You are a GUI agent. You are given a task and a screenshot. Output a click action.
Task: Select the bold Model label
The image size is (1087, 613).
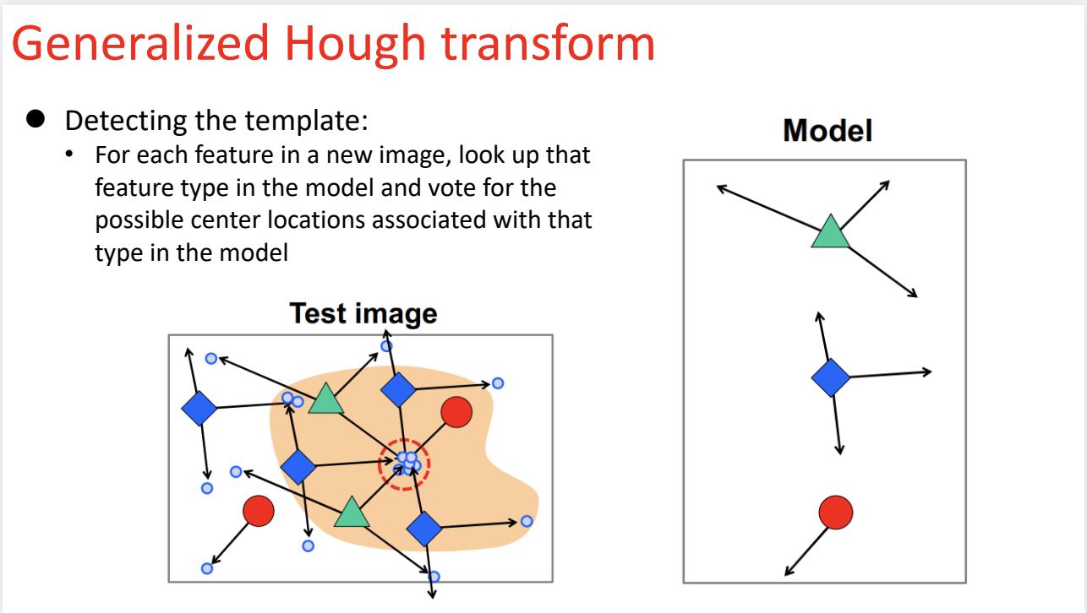828,131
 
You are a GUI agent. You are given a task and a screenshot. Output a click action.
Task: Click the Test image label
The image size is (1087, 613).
363,313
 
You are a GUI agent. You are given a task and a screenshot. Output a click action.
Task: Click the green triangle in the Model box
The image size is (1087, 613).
829,232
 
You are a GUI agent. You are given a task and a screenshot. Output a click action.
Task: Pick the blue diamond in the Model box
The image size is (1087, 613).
831,377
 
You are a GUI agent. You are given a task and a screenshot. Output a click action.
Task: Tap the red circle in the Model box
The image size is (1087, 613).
835,512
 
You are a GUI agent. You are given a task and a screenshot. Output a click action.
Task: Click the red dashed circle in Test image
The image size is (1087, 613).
405,464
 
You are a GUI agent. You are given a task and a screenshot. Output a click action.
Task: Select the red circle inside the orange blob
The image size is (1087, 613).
456,412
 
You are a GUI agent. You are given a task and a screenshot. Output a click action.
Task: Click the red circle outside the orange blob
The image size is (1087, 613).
259,510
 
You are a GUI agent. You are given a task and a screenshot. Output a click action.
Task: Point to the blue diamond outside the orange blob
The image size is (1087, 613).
199,409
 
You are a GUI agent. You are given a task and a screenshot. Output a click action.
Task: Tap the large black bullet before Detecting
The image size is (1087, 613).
35,119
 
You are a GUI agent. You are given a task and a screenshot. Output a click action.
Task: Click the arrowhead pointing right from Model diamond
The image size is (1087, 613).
927,372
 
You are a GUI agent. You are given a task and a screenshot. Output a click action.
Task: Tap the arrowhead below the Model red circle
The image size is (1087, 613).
789,572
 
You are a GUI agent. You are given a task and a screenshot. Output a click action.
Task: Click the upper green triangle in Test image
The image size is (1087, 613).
325,399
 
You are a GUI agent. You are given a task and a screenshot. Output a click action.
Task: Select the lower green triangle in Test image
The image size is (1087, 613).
352,513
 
